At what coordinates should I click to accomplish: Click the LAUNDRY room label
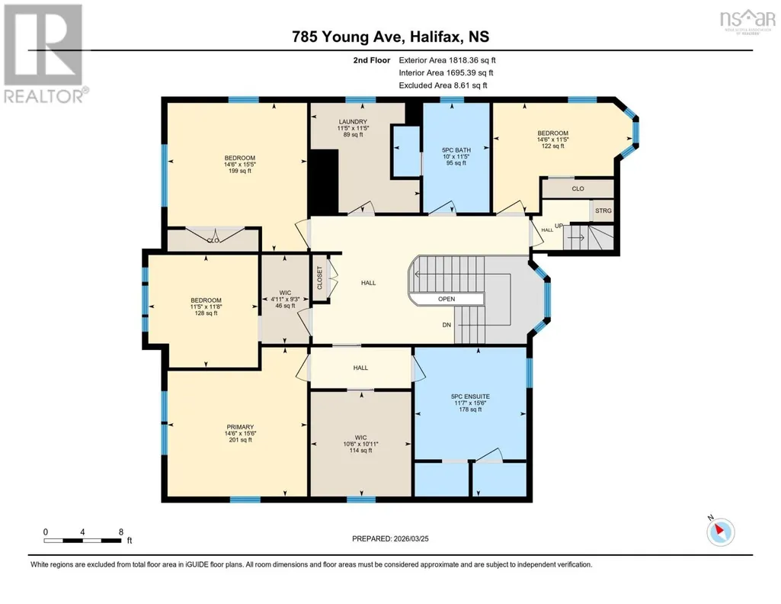pyautogui.click(x=353, y=121)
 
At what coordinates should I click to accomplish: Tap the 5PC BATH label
pyautogui.click(x=456, y=150)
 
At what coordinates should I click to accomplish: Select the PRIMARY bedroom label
pyautogui.click(x=240, y=427)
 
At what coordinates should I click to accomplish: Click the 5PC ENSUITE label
pyautogui.click(x=470, y=397)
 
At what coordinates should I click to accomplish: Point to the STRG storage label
pyautogui.click(x=603, y=210)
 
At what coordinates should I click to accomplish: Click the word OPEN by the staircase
pyautogui.click(x=447, y=299)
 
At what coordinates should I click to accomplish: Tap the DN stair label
pyautogui.click(x=447, y=325)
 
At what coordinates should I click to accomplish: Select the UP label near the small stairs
pyautogui.click(x=559, y=226)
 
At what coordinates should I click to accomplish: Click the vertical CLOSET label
pyautogui.click(x=320, y=278)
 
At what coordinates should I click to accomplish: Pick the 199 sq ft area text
pyautogui.click(x=239, y=171)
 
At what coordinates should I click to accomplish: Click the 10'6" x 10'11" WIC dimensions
pyautogui.click(x=360, y=444)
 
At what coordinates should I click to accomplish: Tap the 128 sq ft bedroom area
pyautogui.click(x=206, y=313)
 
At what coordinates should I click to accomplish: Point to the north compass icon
pyautogui.click(x=720, y=532)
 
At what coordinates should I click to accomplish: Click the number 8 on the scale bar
pyautogui.click(x=121, y=532)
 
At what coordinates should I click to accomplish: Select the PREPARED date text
pyautogui.click(x=390, y=538)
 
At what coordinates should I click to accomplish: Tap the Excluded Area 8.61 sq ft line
pyautogui.click(x=443, y=85)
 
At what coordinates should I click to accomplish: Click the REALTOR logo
pyautogui.click(x=45, y=54)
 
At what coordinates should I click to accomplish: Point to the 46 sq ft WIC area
pyautogui.click(x=285, y=306)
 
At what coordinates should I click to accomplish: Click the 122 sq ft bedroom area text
pyautogui.click(x=552, y=146)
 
